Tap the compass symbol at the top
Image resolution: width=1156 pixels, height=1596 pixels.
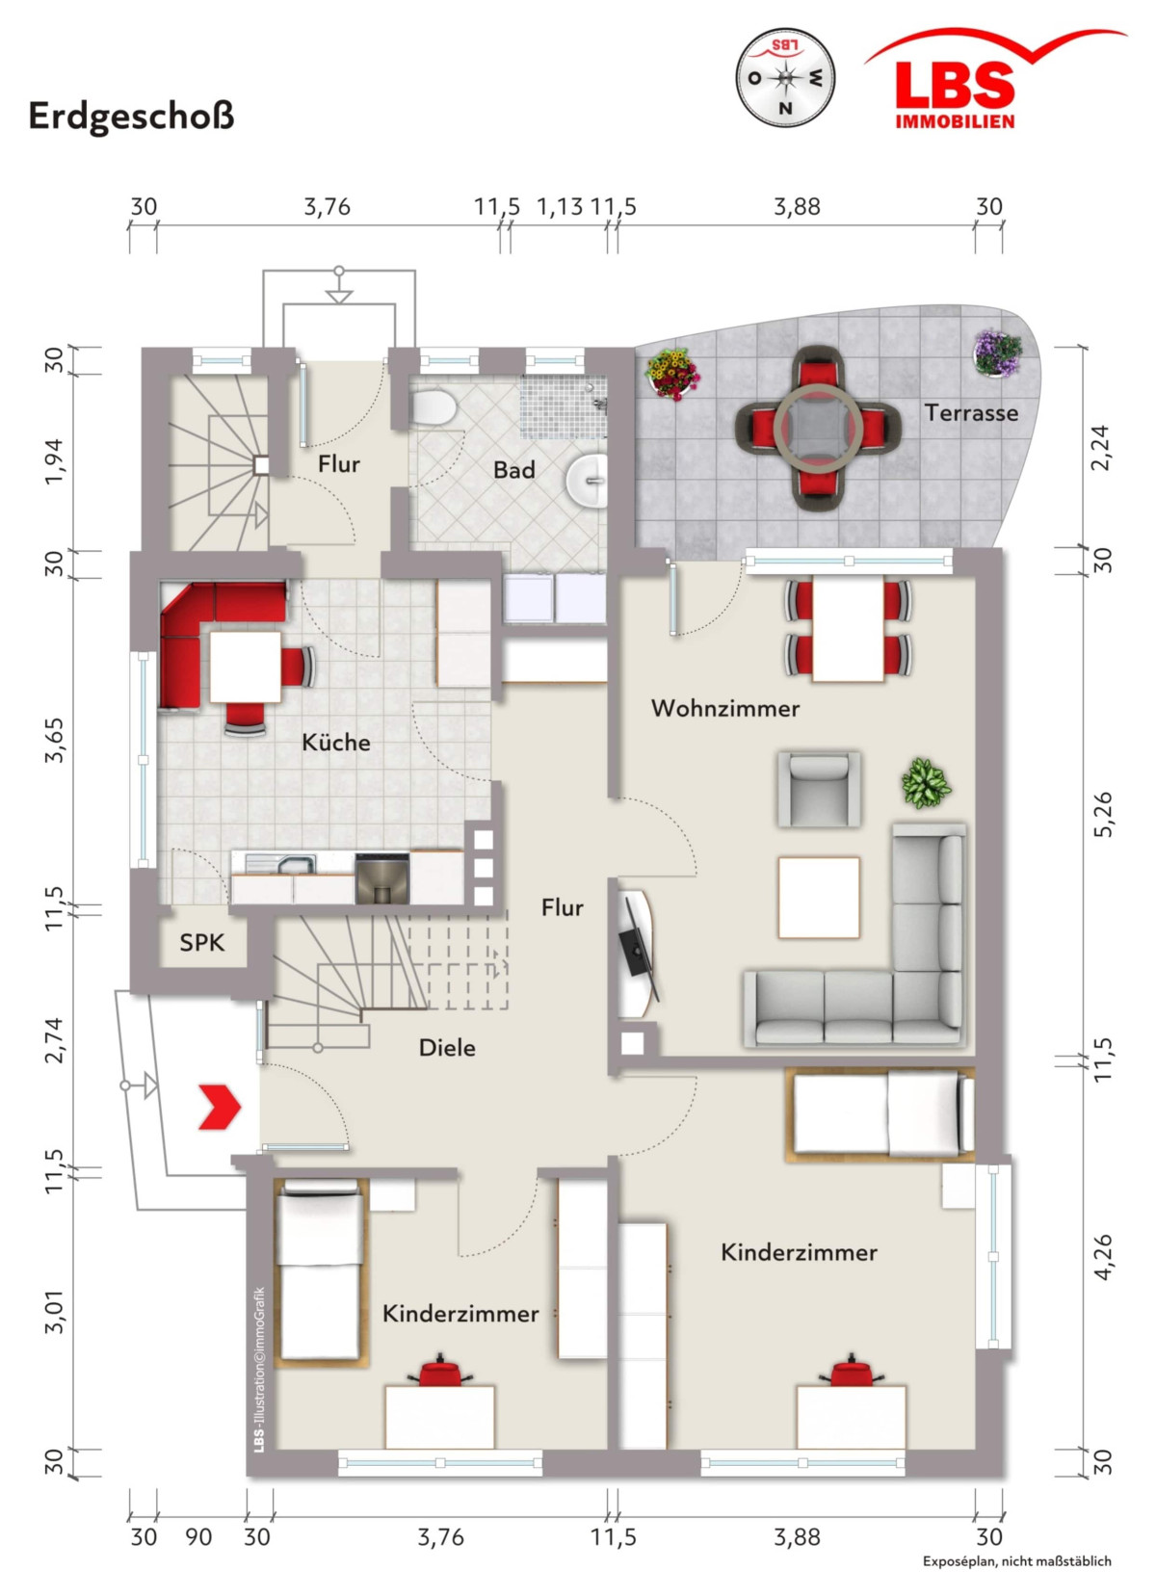tap(785, 78)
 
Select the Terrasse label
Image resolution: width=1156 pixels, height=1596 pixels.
tap(971, 413)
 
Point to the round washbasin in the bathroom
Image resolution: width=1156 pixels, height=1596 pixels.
tap(588, 481)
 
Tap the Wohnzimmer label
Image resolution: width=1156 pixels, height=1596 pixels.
tap(724, 708)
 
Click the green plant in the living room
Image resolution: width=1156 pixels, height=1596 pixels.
tap(926, 783)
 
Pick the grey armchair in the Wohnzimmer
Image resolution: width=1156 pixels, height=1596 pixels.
tap(819, 789)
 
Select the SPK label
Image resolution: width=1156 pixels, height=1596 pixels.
tap(201, 943)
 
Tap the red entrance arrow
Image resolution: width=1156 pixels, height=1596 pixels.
tap(220, 1107)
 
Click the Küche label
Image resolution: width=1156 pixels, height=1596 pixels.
tap(335, 743)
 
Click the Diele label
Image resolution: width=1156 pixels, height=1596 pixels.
tap(447, 1047)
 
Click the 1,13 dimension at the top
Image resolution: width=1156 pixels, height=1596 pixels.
tap(560, 207)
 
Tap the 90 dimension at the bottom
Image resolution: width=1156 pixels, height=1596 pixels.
tap(198, 1537)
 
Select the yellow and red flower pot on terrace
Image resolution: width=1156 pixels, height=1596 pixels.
tap(672, 375)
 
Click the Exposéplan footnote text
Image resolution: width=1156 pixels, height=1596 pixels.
tap(1017, 1561)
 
